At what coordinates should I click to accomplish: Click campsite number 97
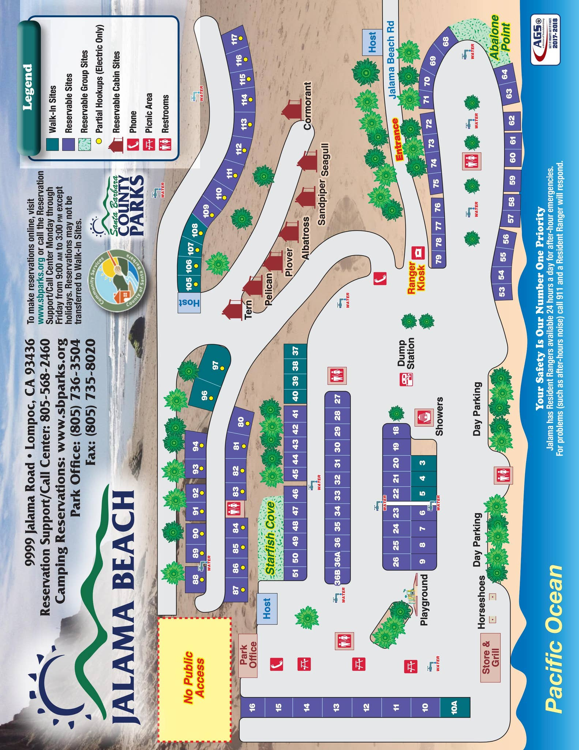tap(215, 365)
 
